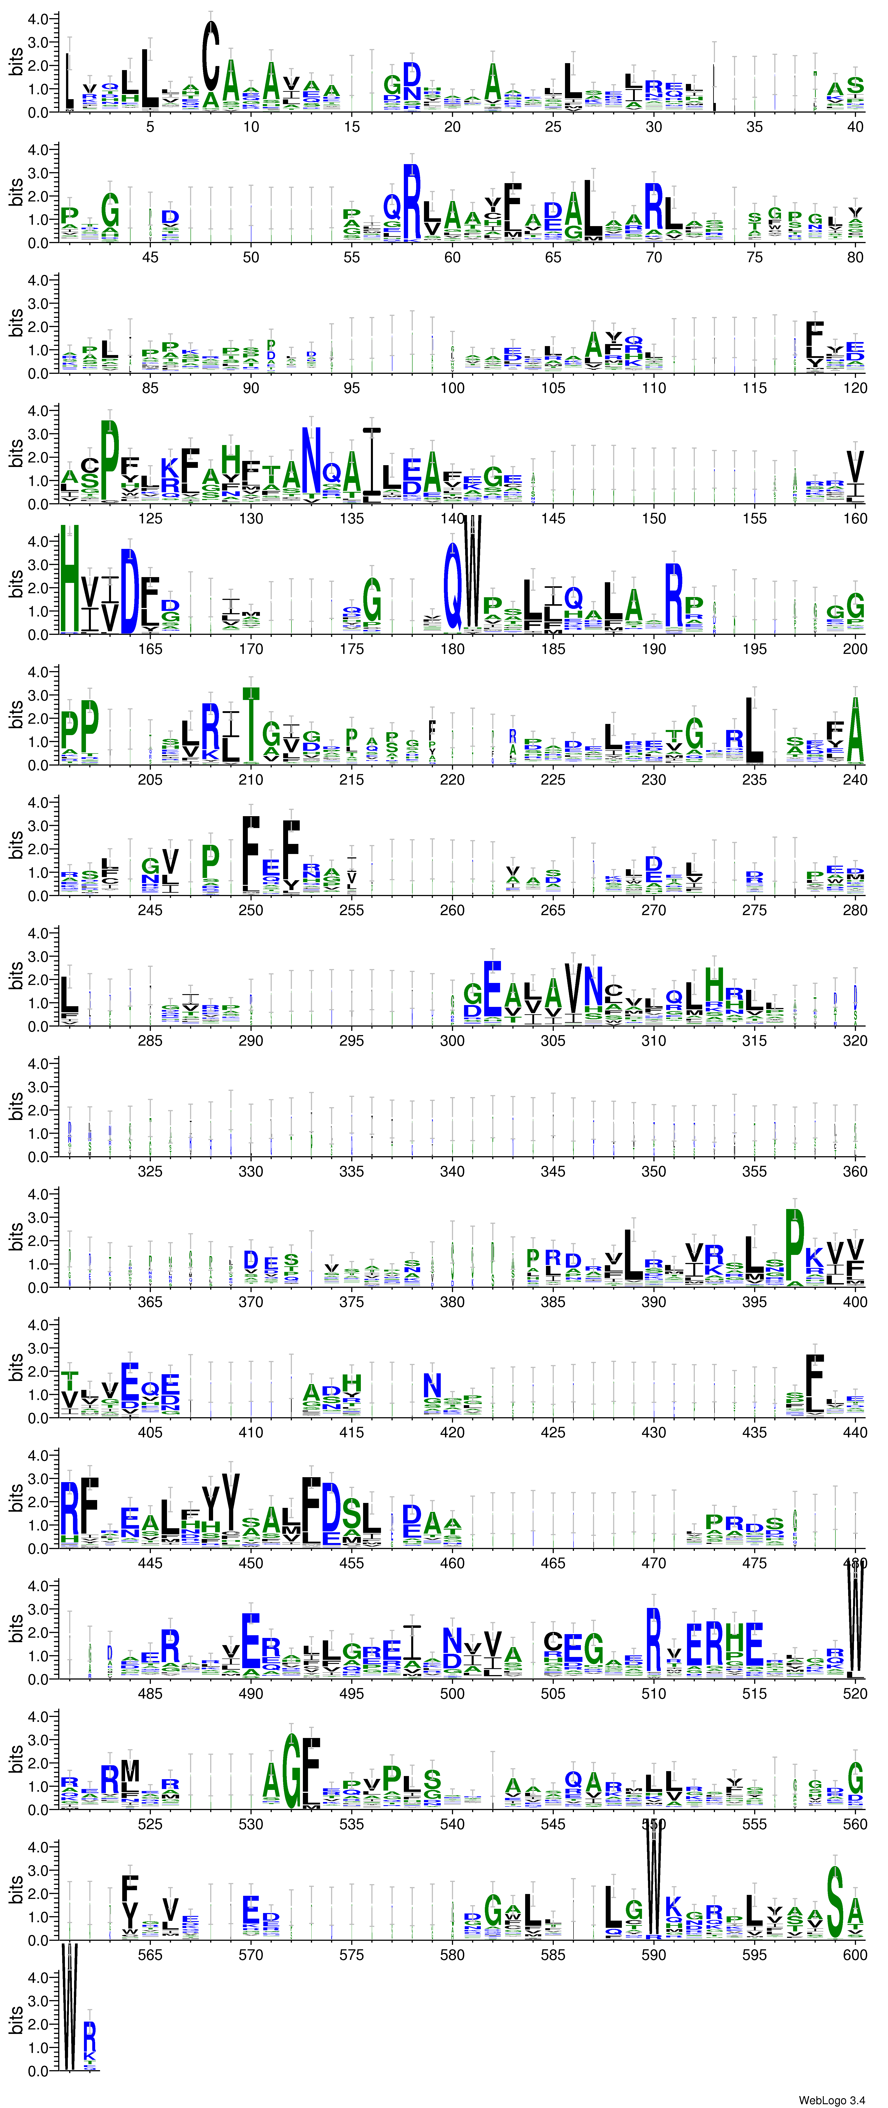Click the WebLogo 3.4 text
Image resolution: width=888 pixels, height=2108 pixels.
pos(832,2100)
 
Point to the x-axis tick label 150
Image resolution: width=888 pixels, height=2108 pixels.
pos(653,518)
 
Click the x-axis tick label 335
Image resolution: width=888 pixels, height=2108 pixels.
pos(351,1171)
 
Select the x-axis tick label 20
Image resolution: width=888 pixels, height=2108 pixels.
pos(452,127)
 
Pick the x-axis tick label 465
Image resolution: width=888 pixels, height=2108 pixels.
pos(552,1563)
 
